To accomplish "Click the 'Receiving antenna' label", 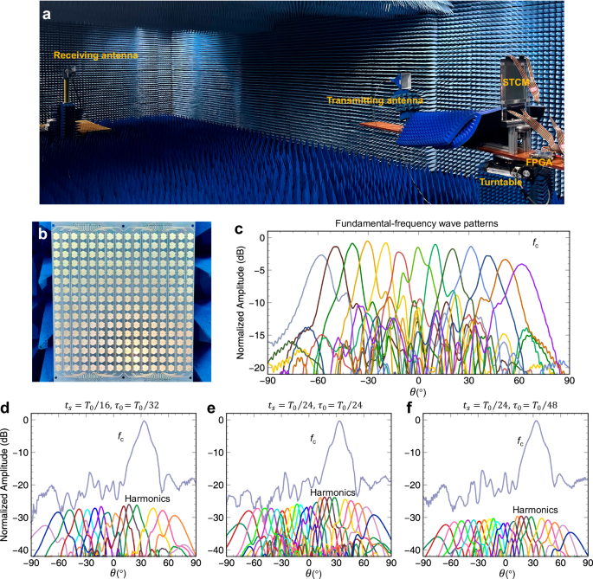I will pyautogui.click(x=95, y=55).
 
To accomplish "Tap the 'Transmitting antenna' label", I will pyautogui.click(x=375, y=101).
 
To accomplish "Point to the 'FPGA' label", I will pyautogui.click(x=538, y=162).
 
